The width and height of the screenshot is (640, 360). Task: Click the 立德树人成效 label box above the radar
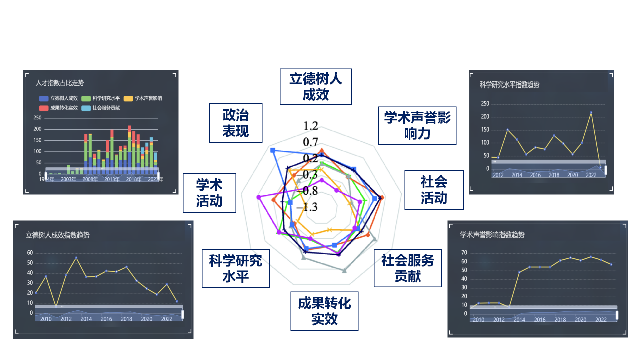pos(315,86)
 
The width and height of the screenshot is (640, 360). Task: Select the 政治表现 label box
pos(235,123)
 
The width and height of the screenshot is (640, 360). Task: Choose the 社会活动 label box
pos(434,190)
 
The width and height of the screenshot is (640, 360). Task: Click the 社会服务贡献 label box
pos(408,268)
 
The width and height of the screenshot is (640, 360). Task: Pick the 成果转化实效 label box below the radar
pos(324,311)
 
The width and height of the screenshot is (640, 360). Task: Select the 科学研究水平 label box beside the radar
pos(235,268)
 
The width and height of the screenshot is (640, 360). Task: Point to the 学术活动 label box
pos(209,193)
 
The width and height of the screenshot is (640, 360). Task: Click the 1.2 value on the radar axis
pos(310,126)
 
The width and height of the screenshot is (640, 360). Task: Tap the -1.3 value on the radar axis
pos(306,207)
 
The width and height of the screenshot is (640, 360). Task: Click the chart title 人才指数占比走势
pos(60,83)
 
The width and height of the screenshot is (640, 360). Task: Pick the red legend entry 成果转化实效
pos(58,108)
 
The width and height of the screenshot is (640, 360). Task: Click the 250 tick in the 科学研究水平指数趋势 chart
pos(485,104)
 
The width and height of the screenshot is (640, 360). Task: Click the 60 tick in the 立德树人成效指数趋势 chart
pos(30,253)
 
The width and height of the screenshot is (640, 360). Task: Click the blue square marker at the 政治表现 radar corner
pos(272,150)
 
